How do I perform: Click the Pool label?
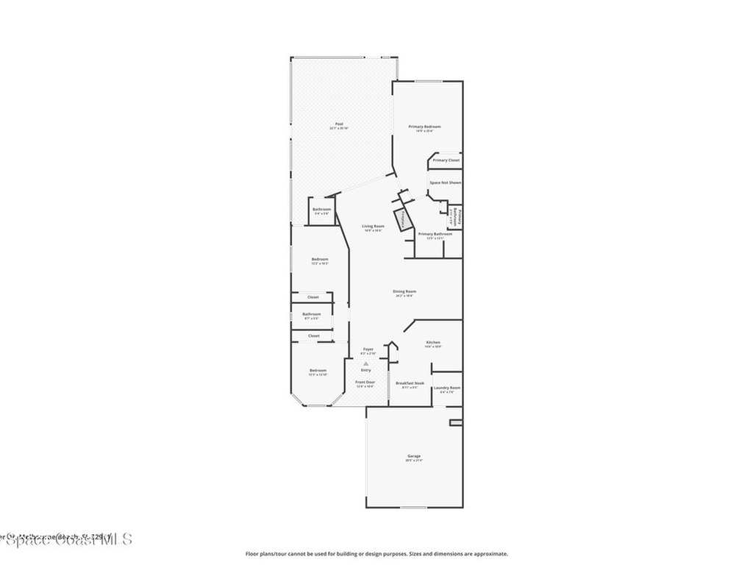339,124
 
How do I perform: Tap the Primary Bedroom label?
425,127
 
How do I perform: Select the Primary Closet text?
446,160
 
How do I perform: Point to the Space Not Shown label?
446,182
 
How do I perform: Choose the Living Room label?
373,226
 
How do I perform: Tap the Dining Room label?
404,291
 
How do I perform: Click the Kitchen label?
433,343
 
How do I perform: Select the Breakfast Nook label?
410,383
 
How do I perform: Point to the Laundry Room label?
447,388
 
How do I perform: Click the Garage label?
414,456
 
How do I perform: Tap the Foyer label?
368,349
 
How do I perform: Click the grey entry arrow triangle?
365,363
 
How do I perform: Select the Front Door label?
365,382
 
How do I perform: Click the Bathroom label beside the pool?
321,209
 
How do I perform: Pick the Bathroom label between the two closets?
312,314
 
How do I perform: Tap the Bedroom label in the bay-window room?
318,370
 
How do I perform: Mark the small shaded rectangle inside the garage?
456,422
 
